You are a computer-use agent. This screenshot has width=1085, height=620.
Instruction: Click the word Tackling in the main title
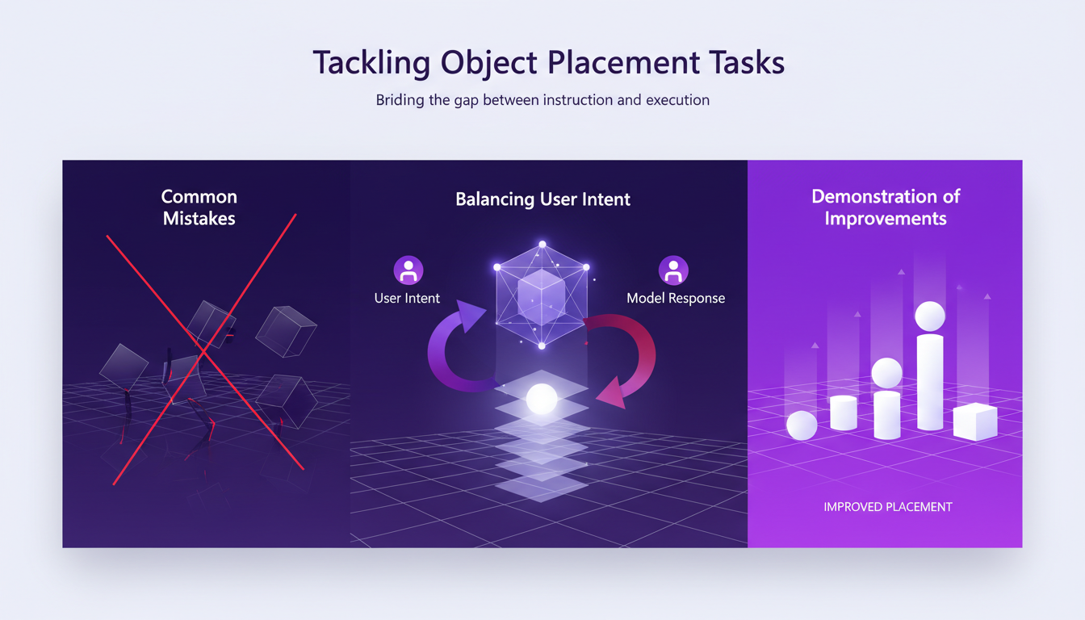(370, 63)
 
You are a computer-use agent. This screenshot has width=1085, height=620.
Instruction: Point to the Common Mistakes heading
(199, 207)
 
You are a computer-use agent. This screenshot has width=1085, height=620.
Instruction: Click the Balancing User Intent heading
(542, 199)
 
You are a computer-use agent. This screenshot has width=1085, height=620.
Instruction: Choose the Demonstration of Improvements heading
(885, 207)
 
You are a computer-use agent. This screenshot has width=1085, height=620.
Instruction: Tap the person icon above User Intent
(408, 270)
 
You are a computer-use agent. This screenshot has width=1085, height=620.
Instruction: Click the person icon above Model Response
(673, 270)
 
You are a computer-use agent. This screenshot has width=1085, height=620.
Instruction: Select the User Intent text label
(407, 298)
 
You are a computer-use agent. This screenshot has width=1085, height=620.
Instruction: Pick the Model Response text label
(676, 298)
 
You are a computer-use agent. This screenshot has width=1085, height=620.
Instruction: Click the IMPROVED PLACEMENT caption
(887, 507)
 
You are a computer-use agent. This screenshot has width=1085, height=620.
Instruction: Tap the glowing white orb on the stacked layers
(541, 398)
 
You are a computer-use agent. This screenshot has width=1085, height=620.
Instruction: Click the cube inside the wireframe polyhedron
(542, 295)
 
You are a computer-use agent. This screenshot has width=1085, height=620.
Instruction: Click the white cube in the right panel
(975, 421)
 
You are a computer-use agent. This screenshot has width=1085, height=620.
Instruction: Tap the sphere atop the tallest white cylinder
(930, 316)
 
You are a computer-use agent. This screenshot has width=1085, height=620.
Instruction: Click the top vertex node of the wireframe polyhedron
(542, 244)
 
